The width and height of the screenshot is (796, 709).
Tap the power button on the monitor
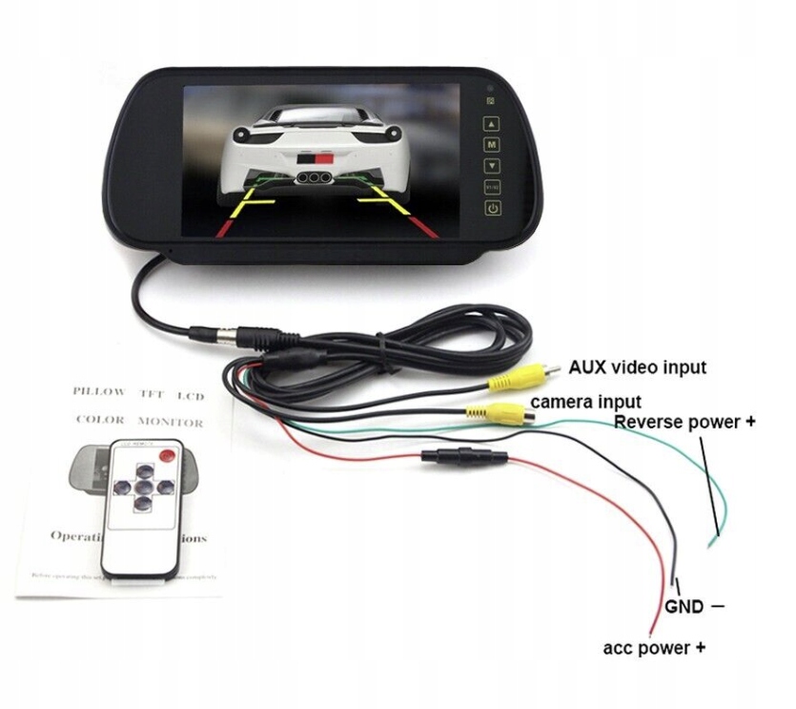coord(493,209)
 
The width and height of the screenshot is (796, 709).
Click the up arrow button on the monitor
coord(492,124)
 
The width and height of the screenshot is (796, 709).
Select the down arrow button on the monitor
coord(492,166)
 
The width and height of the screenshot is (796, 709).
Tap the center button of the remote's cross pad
coord(141,487)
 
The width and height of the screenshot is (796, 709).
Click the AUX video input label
coord(638,366)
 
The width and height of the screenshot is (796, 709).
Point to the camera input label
coord(585,402)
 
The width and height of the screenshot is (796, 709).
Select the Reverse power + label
coord(684,421)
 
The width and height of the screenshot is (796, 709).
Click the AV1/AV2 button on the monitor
coord(492,187)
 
